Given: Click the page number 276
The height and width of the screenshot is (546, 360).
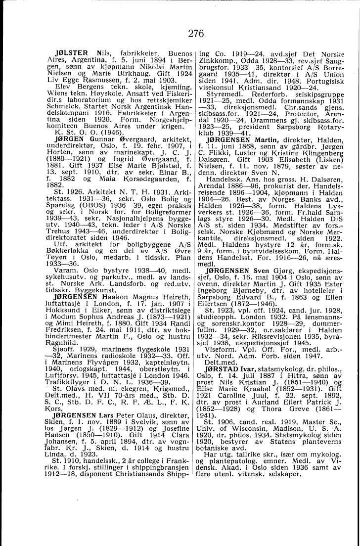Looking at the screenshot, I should pyautogui.click(x=181, y=34).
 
